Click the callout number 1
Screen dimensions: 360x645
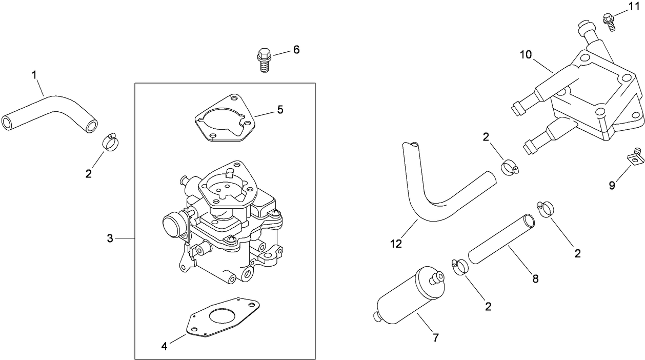point(34,75)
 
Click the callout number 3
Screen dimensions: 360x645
point(110,238)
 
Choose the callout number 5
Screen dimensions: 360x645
point(280,109)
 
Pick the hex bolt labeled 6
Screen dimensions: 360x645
point(263,59)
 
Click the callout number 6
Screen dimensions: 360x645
point(296,50)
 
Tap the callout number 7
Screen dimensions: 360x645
point(436,337)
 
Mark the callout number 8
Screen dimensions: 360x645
point(535,279)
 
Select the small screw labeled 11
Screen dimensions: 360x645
point(610,21)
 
